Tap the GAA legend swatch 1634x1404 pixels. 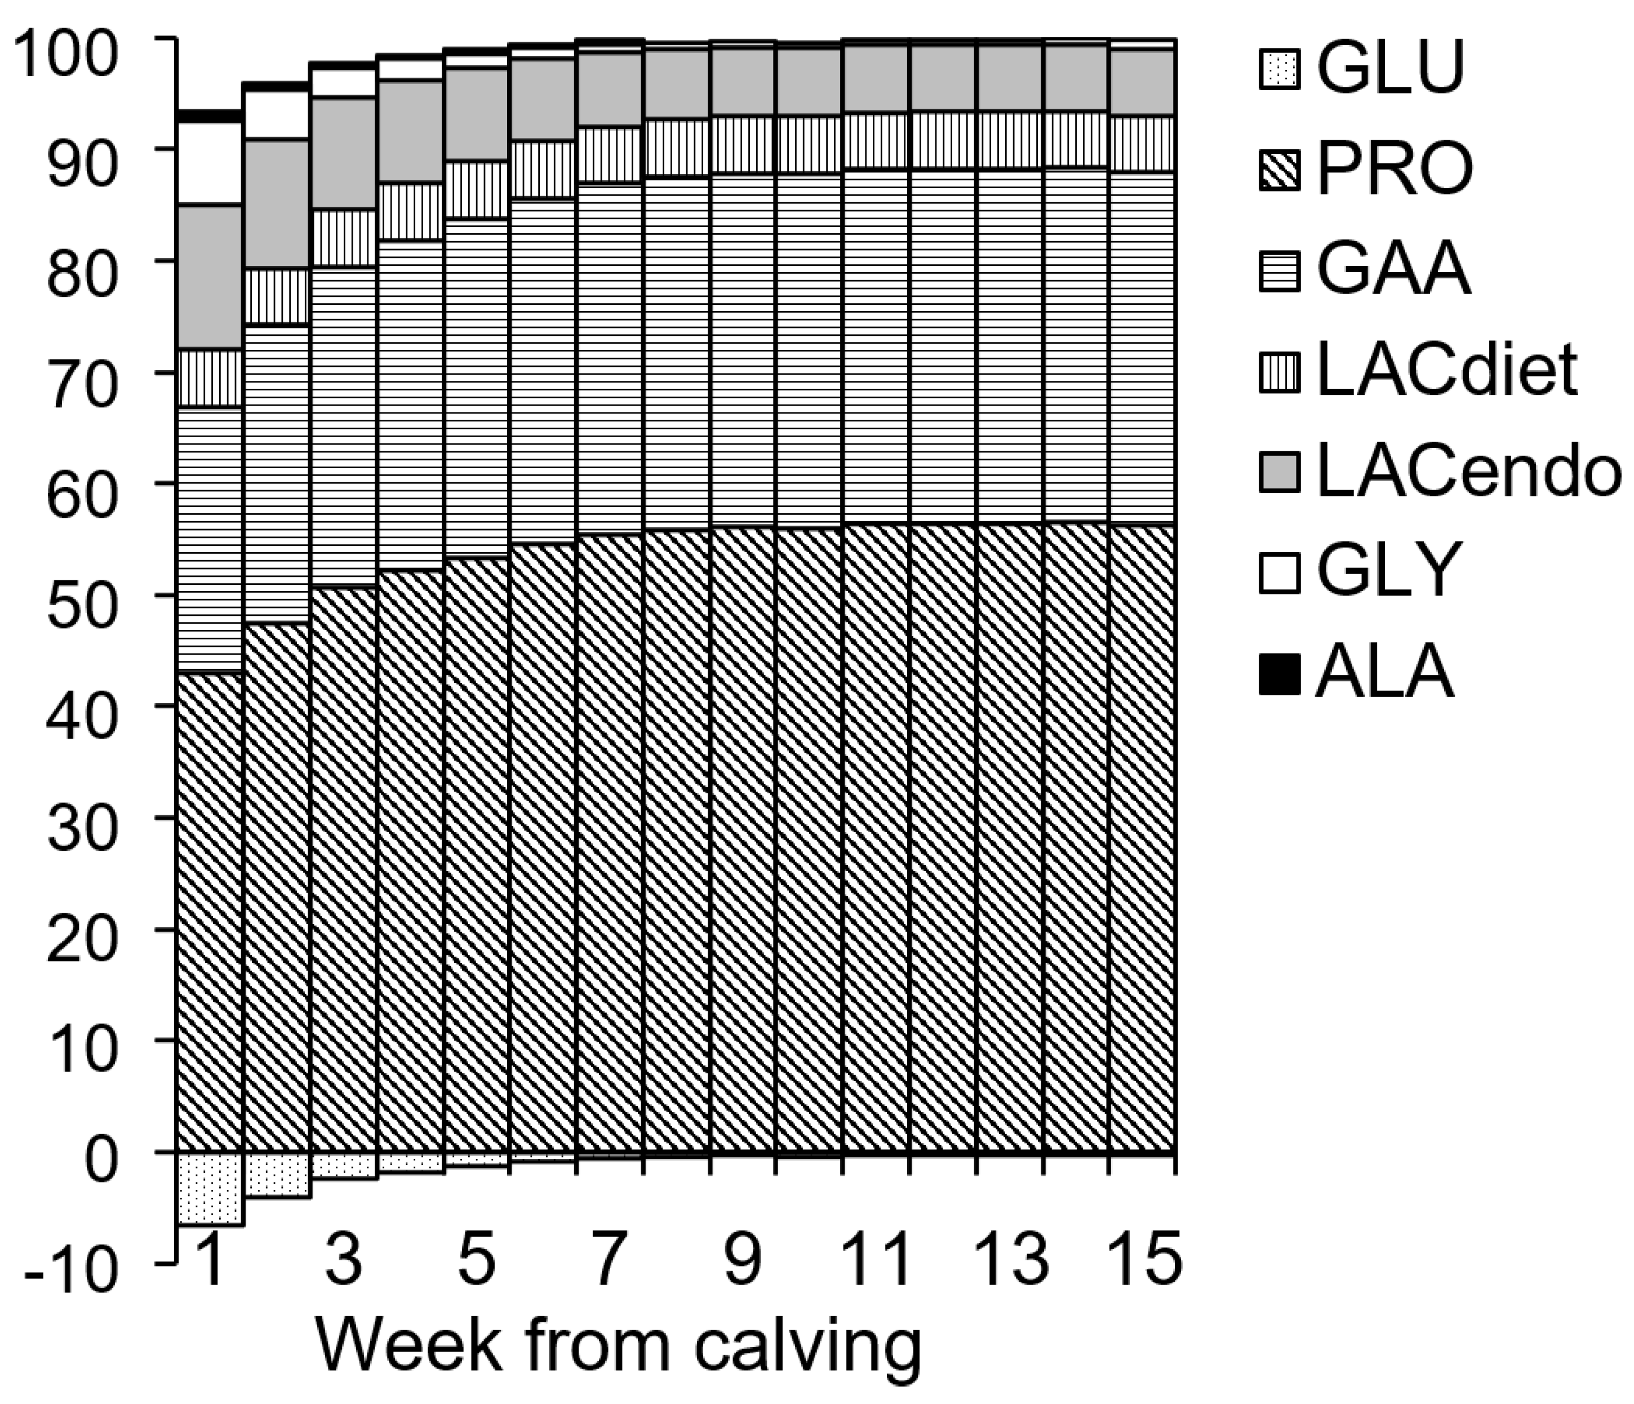[x=1279, y=270]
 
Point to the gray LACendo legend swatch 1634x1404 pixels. [x=1279, y=472]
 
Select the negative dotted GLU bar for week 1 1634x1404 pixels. [x=210, y=1188]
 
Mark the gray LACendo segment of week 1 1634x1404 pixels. [x=210, y=276]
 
